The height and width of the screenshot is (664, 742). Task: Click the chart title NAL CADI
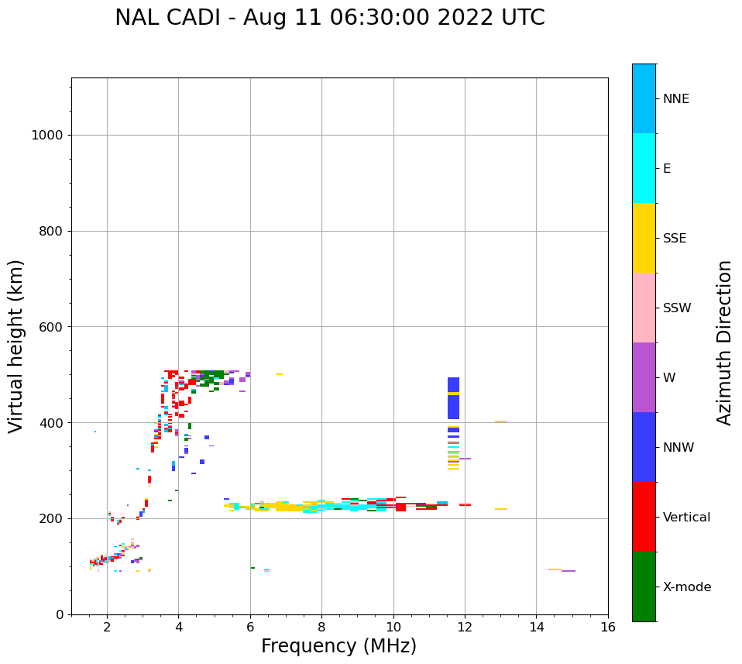tap(329, 18)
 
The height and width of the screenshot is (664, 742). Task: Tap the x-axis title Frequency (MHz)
tap(338, 646)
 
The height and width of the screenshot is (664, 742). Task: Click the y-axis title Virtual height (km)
tap(16, 346)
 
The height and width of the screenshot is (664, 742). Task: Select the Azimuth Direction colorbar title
tap(724, 342)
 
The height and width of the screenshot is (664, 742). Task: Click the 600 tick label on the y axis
tap(50, 327)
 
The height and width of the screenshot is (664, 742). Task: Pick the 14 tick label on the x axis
tap(536, 626)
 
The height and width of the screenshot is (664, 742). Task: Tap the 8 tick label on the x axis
tap(321, 626)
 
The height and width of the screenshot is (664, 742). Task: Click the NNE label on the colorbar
tap(675, 99)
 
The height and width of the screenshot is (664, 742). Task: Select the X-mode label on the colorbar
tap(687, 587)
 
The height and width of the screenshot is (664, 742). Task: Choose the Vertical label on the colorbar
tap(686, 518)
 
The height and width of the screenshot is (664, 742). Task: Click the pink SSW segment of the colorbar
tap(644, 308)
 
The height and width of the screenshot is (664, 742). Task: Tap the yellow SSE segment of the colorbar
tap(644, 238)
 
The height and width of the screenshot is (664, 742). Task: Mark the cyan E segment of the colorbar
tap(644, 168)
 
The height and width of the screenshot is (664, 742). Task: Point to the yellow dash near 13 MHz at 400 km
tap(501, 422)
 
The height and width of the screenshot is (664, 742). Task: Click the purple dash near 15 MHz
tap(569, 571)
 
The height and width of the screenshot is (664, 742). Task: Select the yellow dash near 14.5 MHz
tap(555, 569)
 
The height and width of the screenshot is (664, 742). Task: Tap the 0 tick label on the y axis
tap(59, 614)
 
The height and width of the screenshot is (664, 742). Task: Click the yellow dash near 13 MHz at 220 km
tap(501, 509)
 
